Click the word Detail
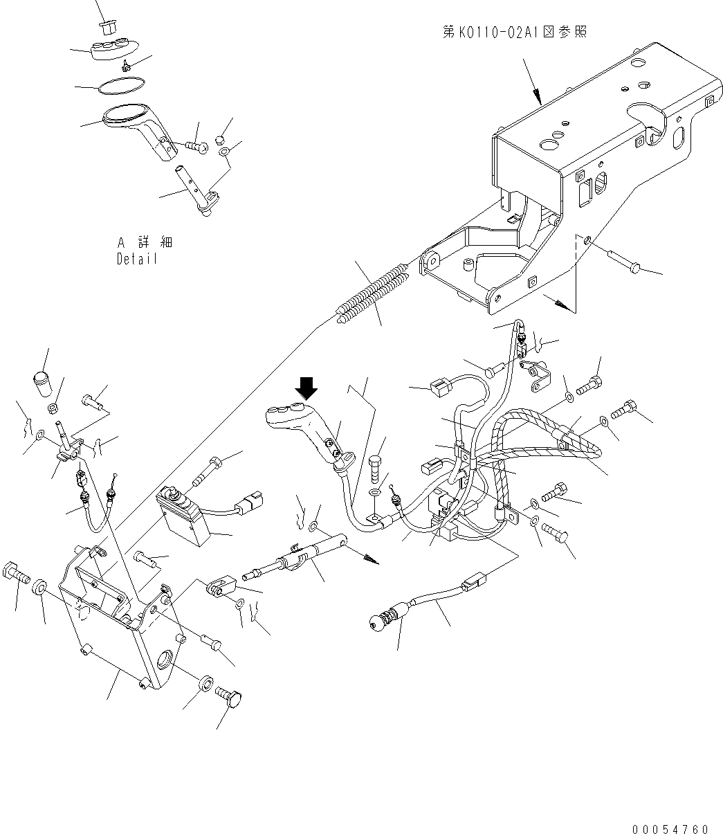137,259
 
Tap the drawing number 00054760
670,828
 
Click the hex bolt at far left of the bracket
16,574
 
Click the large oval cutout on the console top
648,116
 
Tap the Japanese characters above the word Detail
145,243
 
